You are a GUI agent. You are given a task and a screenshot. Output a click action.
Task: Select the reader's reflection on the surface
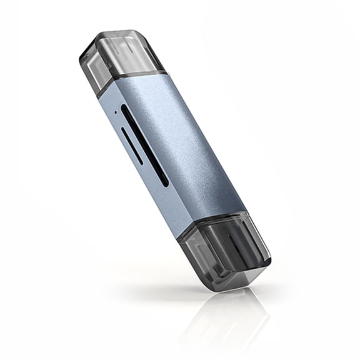[x=231, y=319]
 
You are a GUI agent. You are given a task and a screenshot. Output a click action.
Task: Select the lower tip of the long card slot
[x=166, y=184]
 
